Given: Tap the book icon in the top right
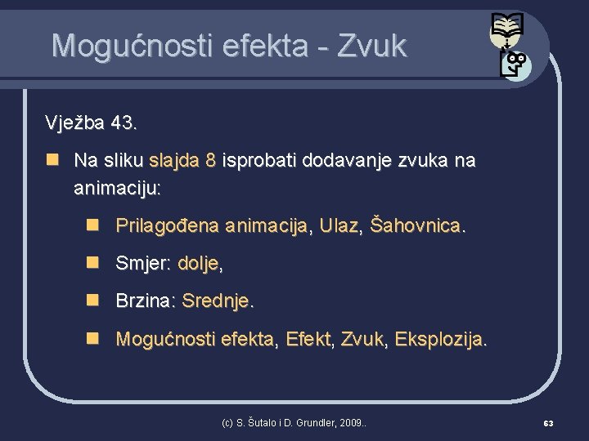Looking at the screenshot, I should [x=506, y=30].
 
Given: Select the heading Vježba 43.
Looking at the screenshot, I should [x=91, y=124].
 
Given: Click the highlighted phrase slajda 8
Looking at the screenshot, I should [x=182, y=161].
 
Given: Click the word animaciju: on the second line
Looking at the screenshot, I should [x=117, y=189].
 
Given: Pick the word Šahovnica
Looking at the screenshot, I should [x=418, y=225].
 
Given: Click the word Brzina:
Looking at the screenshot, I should [x=146, y=301].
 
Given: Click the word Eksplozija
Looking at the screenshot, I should [x=441, y=339].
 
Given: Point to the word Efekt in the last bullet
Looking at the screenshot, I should [x=308, y=339].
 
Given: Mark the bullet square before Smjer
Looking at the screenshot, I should [x=93, y=262].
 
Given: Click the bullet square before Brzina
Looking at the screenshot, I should [x=93, y=300].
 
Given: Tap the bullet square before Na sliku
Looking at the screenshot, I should [x=51, y=160].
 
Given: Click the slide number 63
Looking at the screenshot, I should [x=548, y=423].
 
